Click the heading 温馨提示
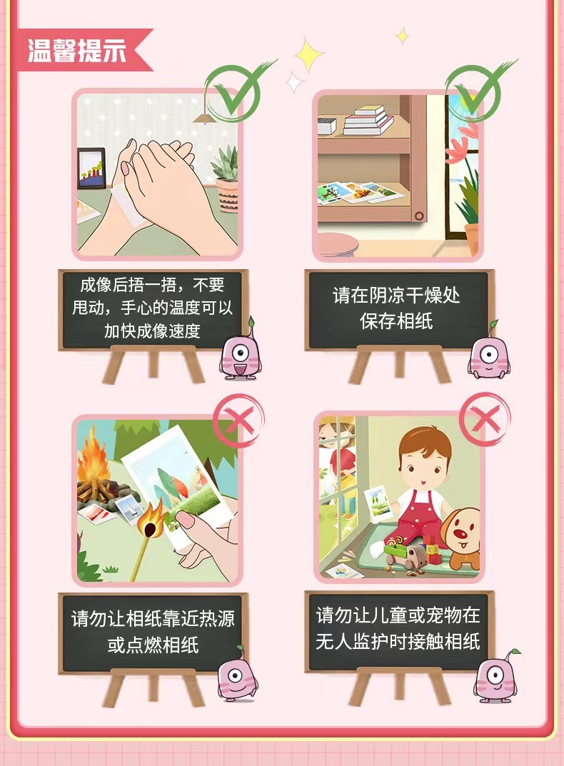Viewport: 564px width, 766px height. pos(76,50)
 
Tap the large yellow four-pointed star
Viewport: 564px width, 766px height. pos(308,54)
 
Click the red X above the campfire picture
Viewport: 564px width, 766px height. pos(238,420)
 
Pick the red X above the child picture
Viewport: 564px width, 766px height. pos(484,419)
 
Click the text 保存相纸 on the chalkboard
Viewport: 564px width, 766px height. pos(396,321)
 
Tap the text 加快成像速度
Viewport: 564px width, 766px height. pos(153,331)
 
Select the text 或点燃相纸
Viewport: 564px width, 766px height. pos(153,645)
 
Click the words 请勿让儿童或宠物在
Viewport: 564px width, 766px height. pos(398,615)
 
